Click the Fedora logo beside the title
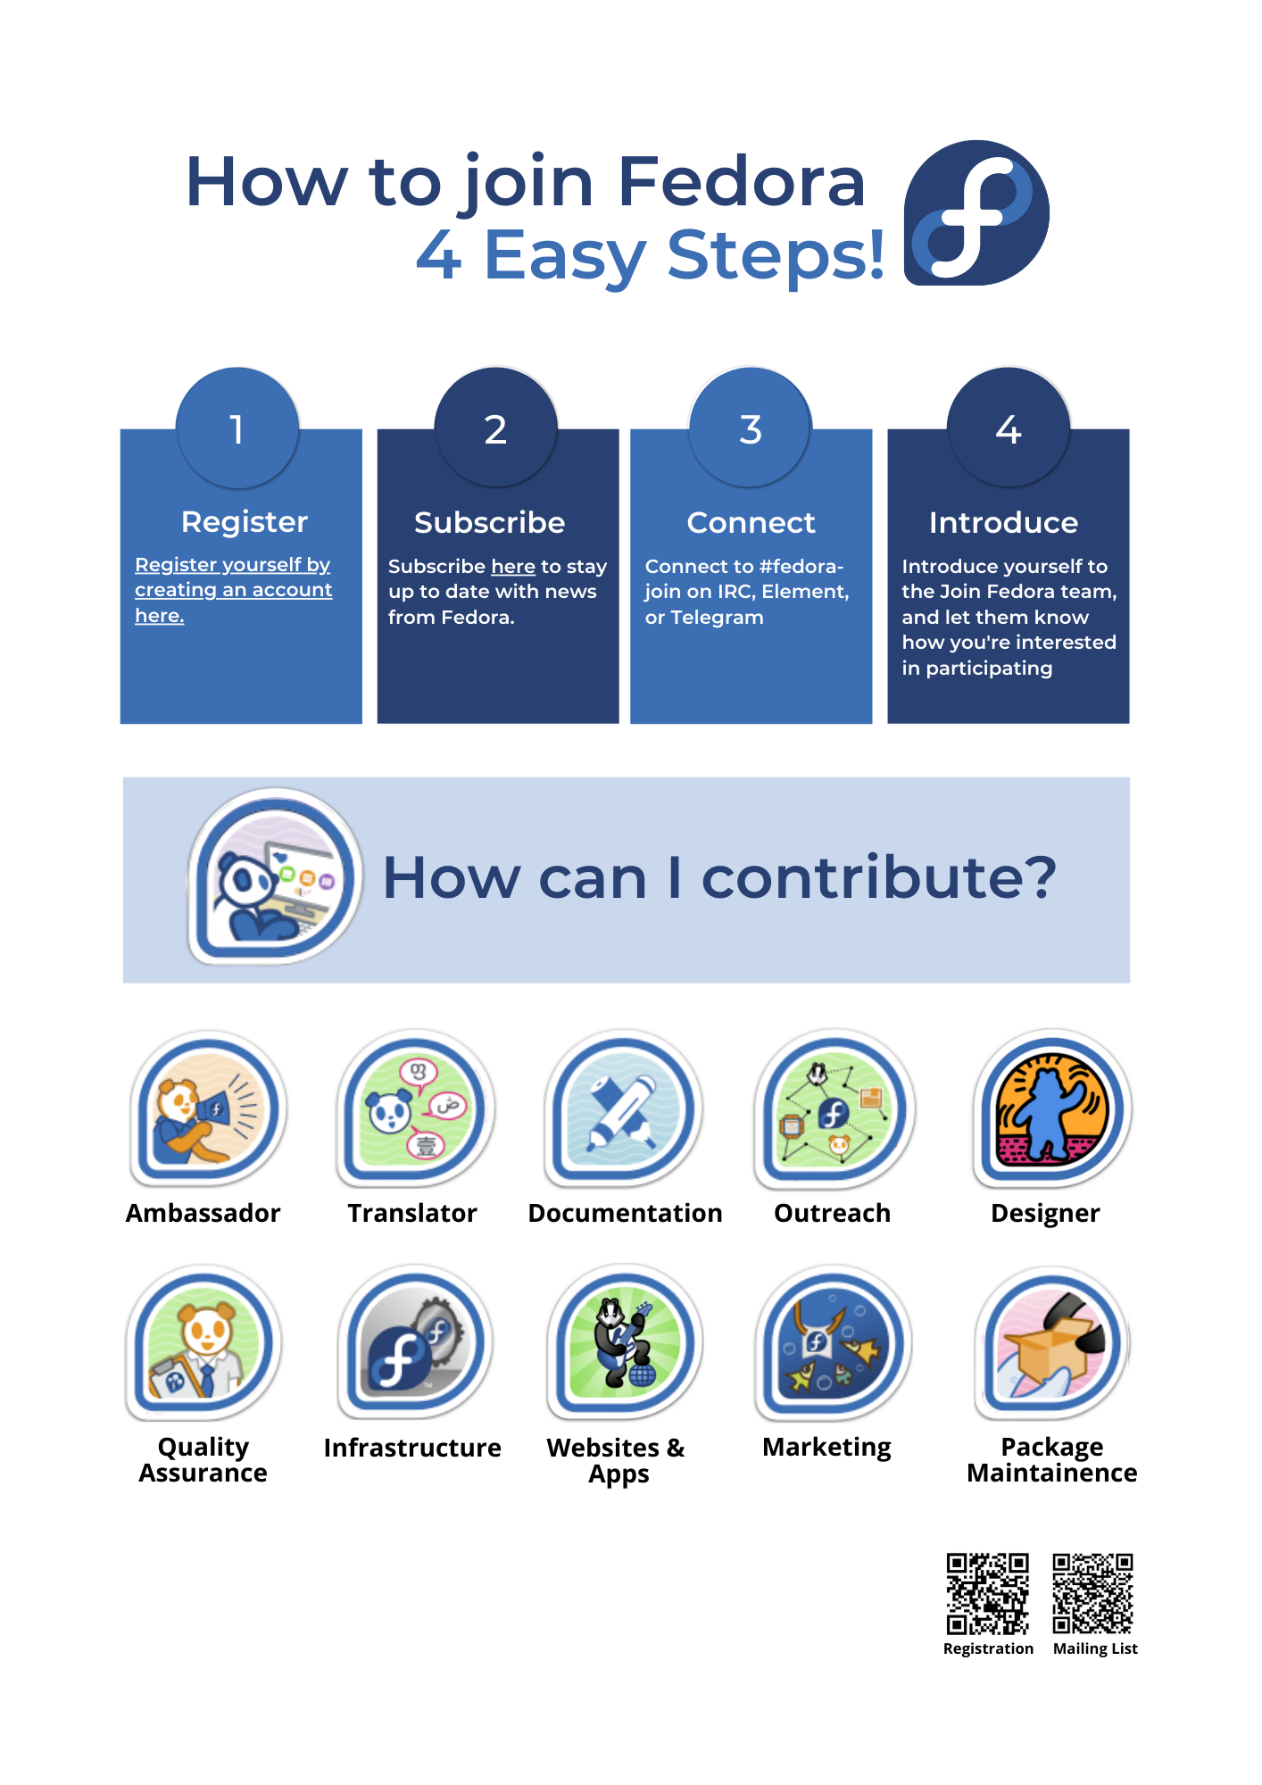click(976, 212)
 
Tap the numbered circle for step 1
click(237, 428)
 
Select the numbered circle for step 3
click(751, 428)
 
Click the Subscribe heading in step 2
click(489, 522)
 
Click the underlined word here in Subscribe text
click(513, 567)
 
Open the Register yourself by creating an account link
click(233, 590)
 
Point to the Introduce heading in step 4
click(1003, 522)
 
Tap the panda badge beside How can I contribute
click(275, 876)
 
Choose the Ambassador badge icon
click(208, 1109)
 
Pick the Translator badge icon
click(416, 1109)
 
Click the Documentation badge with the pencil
click(624, 1109)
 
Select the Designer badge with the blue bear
click(1052, 1109)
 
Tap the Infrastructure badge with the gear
click(415, 1342)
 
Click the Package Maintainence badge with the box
click(1053, 1342)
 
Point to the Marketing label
click(826, 1448)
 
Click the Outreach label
click(832, 1213)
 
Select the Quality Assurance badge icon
click(204, 1342)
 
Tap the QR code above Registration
click(988, 1594)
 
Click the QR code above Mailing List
click(1092, 1594)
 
